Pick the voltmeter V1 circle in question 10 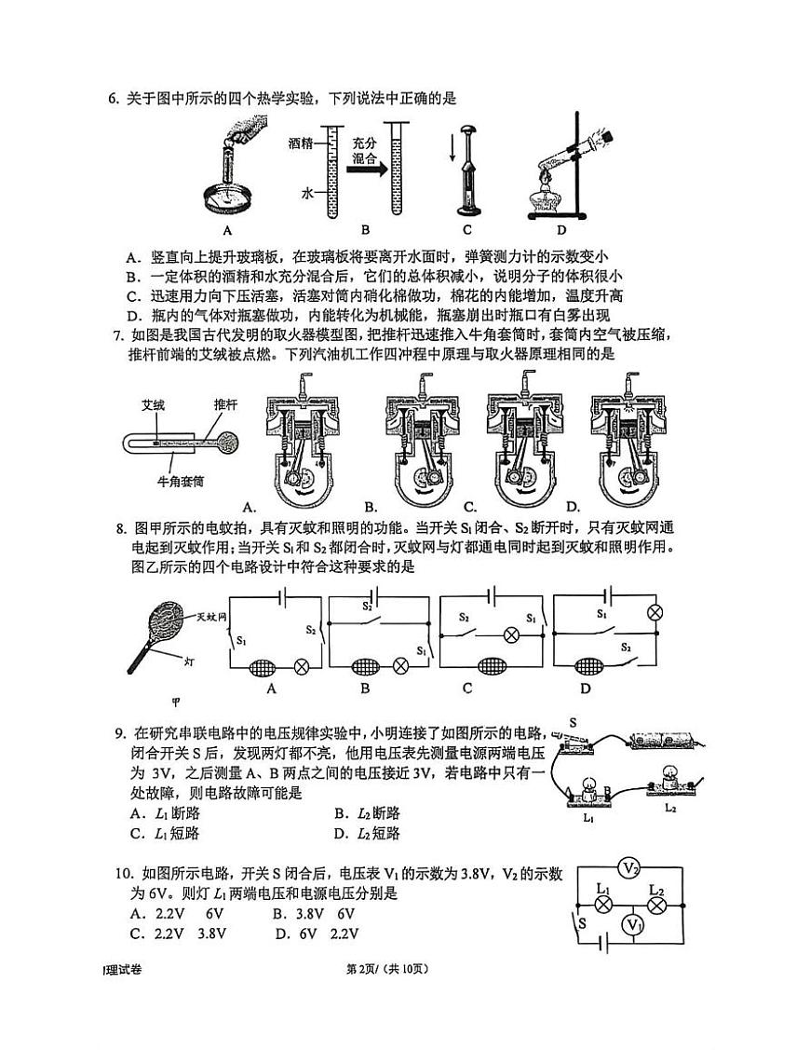coord(633,924)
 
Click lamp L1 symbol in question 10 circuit coord(602,902)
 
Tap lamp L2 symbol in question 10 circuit coord(656,902)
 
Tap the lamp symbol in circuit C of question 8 coord(509,634)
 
